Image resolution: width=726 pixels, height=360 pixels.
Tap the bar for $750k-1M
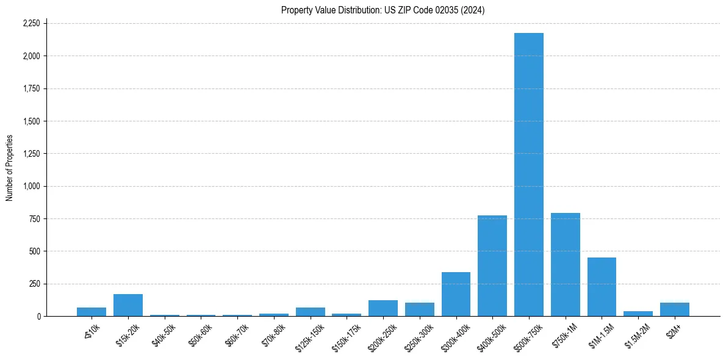click(x=565, y=265)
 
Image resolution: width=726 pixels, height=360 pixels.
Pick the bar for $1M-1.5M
click(x=602, y=287)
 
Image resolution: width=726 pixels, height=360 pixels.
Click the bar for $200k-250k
click(x=383, y=308)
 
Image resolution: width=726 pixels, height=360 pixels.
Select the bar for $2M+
click(x=675, y=309)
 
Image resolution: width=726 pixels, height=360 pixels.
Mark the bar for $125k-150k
click(x=310, y=312)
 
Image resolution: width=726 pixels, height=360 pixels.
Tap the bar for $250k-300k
click(x=420, y=309)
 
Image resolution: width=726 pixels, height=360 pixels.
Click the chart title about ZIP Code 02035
click(x=383, y=10)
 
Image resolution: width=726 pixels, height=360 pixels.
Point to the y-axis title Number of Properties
click(x=10, y=168)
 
